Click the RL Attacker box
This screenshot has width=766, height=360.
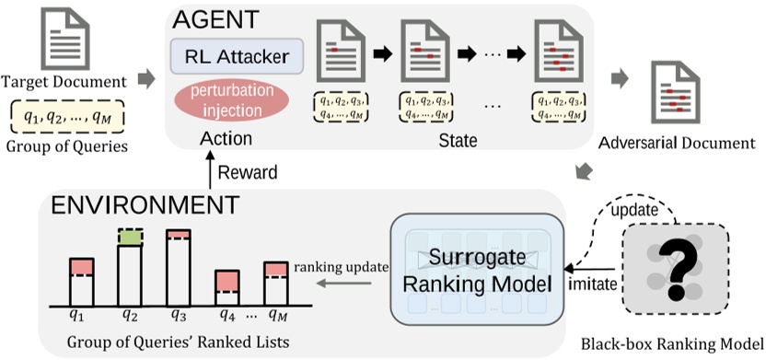click(237, 57)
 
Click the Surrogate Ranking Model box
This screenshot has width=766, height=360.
click(477, 267)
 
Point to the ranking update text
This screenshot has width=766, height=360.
click(334, 268)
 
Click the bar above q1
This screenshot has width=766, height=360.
click(82, 282)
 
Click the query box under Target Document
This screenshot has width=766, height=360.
click(67, 118)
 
